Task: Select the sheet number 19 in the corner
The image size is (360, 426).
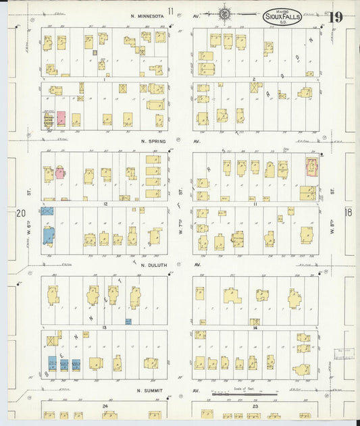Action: point(336,17)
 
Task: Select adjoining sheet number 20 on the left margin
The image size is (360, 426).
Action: point(20,213)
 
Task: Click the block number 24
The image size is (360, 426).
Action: point(105,406)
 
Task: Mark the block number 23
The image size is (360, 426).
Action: point(255,406)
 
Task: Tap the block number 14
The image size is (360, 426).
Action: point(255,327)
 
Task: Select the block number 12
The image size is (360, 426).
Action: point(105,203)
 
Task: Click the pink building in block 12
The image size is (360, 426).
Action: point(60,172)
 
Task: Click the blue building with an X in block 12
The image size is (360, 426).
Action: point(47,211)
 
